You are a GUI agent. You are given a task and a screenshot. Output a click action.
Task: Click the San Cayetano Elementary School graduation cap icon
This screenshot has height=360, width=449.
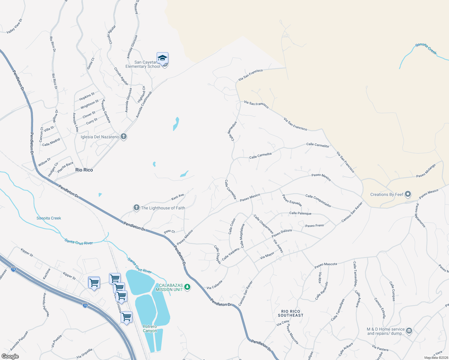click(162, 58)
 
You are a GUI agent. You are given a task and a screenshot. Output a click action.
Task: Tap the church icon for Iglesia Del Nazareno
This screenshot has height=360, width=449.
click(123, 137)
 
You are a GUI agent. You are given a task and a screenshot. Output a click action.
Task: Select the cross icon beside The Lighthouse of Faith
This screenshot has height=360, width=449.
click(136, 208)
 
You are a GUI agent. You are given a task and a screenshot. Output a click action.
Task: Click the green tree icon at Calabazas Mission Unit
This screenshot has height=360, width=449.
click(187, 287)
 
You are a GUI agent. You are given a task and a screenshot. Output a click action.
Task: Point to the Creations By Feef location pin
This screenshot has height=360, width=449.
click(408, 194)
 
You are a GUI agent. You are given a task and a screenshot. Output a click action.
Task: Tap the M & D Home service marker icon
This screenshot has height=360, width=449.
click(409, 331)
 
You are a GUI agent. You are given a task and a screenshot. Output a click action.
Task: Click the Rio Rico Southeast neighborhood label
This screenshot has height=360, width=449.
click(291, 313)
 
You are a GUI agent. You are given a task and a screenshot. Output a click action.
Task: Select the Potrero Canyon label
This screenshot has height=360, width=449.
click(150, 328)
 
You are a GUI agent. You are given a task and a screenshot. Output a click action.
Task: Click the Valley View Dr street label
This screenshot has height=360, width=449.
click(14, 26)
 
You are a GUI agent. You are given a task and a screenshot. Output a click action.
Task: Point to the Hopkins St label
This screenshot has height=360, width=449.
click(87, 97)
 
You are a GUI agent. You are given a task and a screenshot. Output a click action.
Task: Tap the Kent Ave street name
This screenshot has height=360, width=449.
click(177, 197)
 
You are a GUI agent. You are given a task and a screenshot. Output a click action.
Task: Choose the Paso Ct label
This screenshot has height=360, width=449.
click(169, 232)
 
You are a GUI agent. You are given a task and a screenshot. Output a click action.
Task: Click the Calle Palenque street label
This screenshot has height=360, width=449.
click(300, 213)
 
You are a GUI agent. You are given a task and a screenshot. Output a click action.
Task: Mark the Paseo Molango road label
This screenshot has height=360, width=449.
click(426, 171)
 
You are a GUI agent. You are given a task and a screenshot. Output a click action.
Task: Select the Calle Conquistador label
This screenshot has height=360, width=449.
click(318, 201)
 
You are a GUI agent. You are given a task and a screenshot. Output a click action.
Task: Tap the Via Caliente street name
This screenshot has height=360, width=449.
click(215, 285)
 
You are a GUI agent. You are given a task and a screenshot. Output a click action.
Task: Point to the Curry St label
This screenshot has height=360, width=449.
click(92, 121)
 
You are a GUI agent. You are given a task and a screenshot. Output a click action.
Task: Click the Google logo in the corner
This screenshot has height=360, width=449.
click(10, 356)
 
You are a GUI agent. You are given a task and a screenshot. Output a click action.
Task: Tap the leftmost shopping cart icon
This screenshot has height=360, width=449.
click(94, 283)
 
